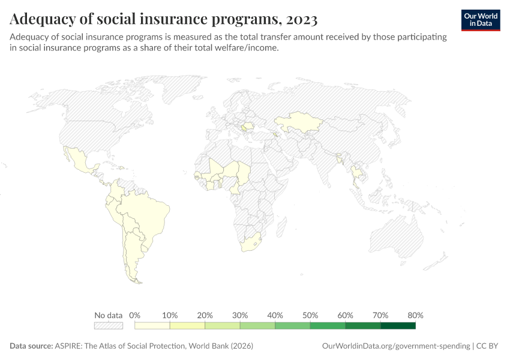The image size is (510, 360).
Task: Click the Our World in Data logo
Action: coord(481,19)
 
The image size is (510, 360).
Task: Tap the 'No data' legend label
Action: coord(109,315)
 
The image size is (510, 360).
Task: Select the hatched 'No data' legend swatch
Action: coord(109,326)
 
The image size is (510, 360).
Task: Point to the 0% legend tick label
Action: coord(135,315)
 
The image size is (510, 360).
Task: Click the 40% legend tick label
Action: coord(275,315)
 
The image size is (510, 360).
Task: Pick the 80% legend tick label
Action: coord(415,315)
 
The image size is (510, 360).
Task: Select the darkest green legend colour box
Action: coord(398,326)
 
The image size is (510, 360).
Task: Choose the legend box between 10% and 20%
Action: coord(188,326)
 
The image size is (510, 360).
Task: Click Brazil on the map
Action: coord(147,213)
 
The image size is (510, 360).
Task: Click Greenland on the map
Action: coord(180,90)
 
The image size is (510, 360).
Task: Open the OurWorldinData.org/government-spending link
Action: coord(396,346)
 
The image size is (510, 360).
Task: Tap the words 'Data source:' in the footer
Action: coord(31,346)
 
